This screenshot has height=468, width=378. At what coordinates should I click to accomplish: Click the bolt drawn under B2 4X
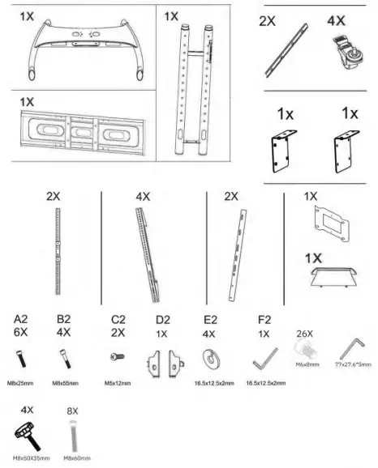[x=66, y=355]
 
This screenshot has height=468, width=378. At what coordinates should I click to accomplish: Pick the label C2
[x=118, y=320]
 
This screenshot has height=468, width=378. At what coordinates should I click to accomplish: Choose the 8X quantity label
[x=71, y=411]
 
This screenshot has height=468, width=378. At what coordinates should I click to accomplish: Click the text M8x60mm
[x=78, y=458]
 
